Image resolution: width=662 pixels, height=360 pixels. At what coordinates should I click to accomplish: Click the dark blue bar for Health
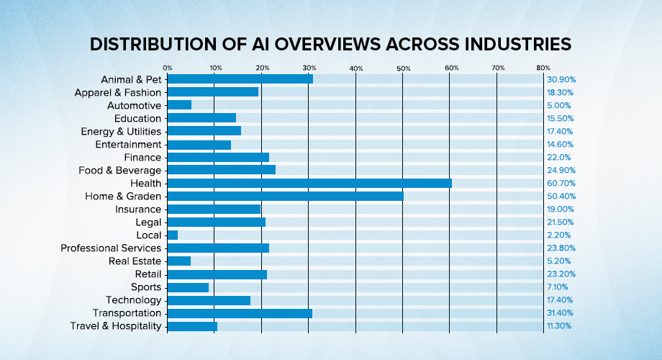click(x=309, y=183)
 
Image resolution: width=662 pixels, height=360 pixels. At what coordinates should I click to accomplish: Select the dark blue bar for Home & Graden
click(x=285, y=196)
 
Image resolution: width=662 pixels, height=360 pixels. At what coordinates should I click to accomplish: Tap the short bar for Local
click(x=172, y=235)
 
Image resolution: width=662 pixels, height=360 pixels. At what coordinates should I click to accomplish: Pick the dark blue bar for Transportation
click(x=240, y=313)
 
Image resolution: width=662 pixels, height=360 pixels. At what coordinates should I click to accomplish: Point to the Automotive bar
click(x=179, y=105)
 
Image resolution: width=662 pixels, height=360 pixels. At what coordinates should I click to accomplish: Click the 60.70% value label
click(x=561, y=184)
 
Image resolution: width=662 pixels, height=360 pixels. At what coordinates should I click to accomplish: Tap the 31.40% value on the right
click(x=561, y=313)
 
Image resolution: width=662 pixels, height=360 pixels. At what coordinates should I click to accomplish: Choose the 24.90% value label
click(x=561, y=171)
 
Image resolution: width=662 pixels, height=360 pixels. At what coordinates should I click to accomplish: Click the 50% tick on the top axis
click(x=403, y=68)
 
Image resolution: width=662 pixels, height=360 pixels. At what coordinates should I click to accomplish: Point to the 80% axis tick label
click(x=543, y=68)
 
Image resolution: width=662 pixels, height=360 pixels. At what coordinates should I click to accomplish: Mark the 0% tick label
click(x=167, y=68)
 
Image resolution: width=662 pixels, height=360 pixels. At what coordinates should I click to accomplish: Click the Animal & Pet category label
click(x=132, y=79)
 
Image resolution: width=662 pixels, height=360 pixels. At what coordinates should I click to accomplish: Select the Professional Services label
click(x=111, y=248)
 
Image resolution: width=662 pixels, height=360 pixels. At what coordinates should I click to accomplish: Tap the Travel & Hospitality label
click(x=116, y=326)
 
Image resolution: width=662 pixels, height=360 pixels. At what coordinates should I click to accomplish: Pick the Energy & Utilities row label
click(x=121, y=131)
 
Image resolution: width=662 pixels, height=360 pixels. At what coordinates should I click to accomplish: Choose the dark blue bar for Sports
click(x=188, y=287)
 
